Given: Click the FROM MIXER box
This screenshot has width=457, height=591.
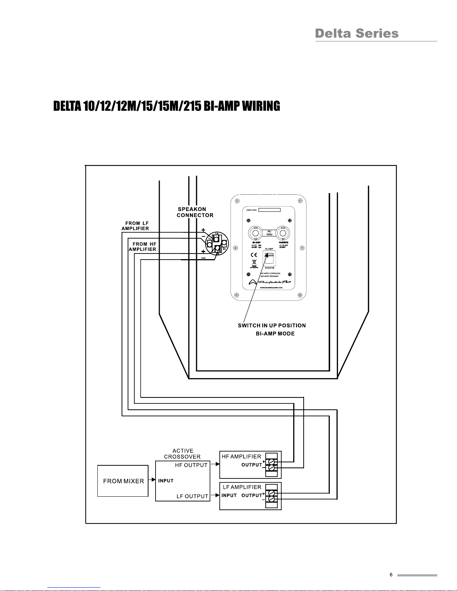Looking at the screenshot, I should click(123, 481).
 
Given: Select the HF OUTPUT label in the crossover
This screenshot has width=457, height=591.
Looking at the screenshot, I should click(191, 465).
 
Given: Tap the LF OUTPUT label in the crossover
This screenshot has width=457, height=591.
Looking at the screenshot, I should click(192, 496).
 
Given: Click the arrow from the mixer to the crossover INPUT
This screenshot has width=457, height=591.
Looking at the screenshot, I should click(152, 481).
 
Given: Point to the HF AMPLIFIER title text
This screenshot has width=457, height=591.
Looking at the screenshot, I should click(241, 456).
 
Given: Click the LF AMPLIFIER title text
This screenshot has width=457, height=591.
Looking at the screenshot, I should click(242, 487).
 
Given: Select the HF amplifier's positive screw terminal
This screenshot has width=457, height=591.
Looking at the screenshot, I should click(272, 462).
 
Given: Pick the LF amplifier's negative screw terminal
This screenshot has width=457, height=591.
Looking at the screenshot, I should click(272, 499).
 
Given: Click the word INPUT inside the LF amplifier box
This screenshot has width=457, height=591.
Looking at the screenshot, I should click(229, 496).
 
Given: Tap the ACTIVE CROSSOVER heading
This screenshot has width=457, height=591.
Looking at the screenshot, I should click(182, 454).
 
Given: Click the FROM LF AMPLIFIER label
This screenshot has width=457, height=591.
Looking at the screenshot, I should click(135, 226).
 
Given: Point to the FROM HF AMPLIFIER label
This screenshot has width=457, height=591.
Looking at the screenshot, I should click(143, 247).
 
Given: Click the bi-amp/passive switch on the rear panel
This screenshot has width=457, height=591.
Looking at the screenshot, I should click(269, 258).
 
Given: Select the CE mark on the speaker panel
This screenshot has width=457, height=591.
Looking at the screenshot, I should click(254, 255).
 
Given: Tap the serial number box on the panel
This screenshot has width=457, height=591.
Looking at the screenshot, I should click(269, 210).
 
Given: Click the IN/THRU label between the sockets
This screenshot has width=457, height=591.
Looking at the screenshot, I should click(269, 233).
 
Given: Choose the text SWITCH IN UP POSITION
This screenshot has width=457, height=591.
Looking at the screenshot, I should click(272, 326).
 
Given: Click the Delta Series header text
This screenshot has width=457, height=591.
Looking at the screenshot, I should click(357, 34).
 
